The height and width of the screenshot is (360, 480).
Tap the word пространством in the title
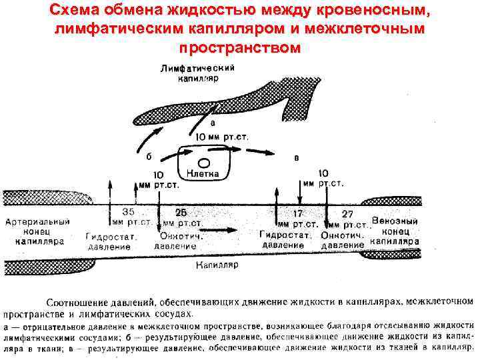click(239, 48)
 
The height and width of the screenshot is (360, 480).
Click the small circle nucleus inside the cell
click(205, 162)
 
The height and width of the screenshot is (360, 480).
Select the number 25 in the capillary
click(181, 211)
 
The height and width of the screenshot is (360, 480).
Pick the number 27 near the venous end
click(347, 213)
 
